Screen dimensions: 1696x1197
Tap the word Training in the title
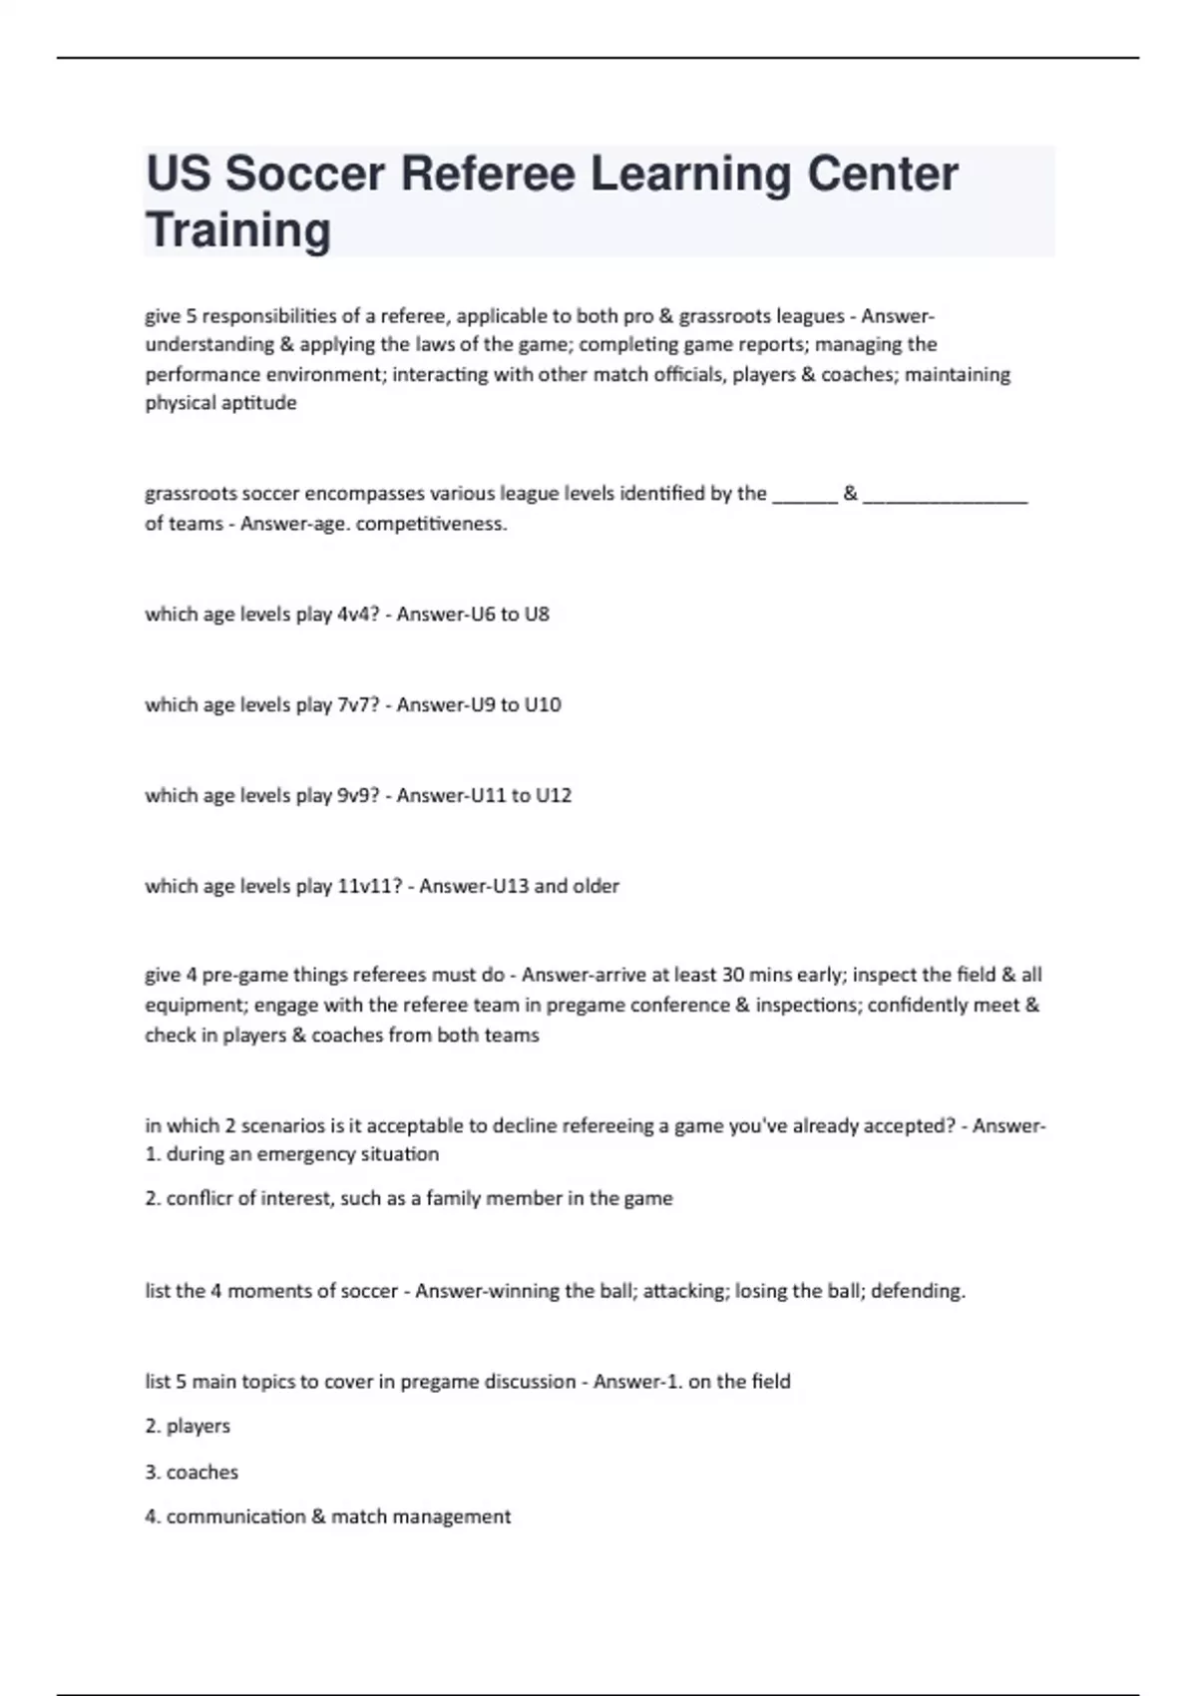click(x=238, y=230)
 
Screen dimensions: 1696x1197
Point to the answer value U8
click(x=537, y=615)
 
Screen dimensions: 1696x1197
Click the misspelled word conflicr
click(x=199, y=1198)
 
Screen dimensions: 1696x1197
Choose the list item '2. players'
click(x=188, y=1427)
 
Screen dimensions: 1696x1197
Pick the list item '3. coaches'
click(x=192, y=1473)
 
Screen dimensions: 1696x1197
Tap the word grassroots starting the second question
click(x=191, y=494)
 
